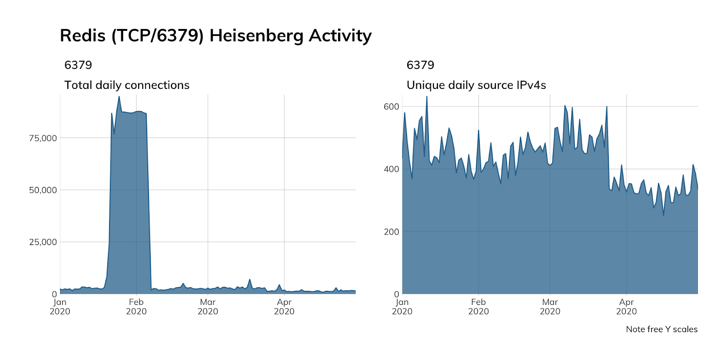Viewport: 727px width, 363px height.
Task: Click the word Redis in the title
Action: pos(82,36)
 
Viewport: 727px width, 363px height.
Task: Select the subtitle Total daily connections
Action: pos(127,85)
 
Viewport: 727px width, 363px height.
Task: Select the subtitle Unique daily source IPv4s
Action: pos(476,85)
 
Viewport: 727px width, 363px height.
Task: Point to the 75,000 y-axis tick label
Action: pos(43,138)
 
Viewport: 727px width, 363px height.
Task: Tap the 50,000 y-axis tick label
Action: pos(43,190)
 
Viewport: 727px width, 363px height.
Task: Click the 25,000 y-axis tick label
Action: pos(43,242)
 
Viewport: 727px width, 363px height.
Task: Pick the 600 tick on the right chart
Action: pos(391,107)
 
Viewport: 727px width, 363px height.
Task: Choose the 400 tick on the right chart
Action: pos(391,169)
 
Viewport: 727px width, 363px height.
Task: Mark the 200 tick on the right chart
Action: pos(391,232)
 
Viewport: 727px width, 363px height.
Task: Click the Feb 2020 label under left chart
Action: pos(136,307)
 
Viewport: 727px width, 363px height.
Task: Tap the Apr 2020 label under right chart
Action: pos(626,307)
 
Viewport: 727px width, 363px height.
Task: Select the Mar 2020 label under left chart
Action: pos(208,307)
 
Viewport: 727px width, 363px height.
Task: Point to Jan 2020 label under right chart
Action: pos(402,307)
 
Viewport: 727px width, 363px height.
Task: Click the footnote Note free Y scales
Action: pos(662,329)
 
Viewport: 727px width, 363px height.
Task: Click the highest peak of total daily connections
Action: pos(119,97)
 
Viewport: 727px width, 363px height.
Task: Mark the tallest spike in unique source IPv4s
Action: pos(426,97)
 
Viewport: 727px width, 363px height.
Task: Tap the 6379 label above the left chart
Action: pos(78,65)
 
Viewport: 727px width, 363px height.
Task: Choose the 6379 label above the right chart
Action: pos(420,65)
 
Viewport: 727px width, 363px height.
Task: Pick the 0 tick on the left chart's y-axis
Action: pos(54,294)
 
